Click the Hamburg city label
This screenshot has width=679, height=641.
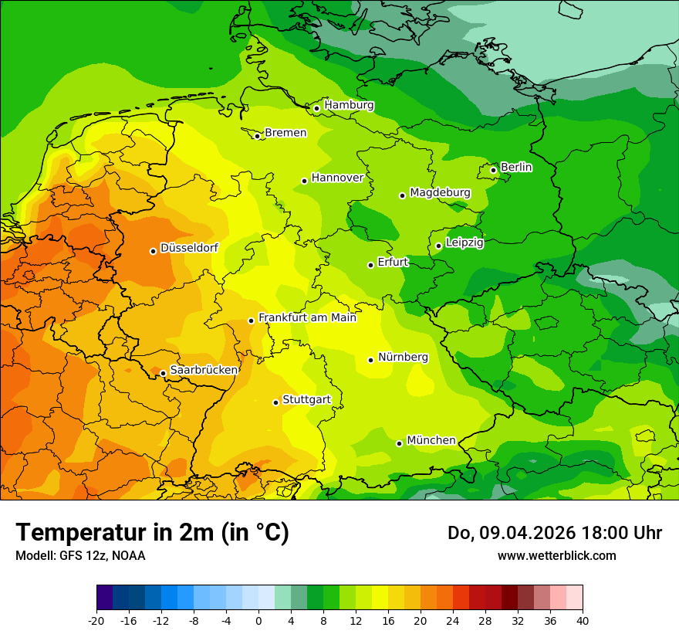349,105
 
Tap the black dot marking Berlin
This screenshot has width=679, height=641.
494,170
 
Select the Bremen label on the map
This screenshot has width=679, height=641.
285,133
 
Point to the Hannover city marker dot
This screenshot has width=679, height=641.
305,181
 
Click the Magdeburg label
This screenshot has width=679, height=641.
440,192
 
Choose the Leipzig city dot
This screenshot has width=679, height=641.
438,246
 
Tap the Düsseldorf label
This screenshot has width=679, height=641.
189,248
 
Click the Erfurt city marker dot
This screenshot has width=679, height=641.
371,265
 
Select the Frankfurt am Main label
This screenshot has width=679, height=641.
307,317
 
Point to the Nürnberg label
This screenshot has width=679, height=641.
403,357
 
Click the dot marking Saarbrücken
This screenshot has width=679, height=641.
164,373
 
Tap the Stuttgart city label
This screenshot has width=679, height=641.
306,399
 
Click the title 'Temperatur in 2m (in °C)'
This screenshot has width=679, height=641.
152,533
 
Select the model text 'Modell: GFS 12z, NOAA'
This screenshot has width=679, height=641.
80,555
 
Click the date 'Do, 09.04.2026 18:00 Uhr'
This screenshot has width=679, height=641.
555,533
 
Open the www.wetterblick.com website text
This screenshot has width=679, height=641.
556,555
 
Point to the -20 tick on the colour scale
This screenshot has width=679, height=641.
96,620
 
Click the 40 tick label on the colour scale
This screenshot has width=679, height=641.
583,620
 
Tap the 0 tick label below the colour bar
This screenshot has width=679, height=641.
258,620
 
